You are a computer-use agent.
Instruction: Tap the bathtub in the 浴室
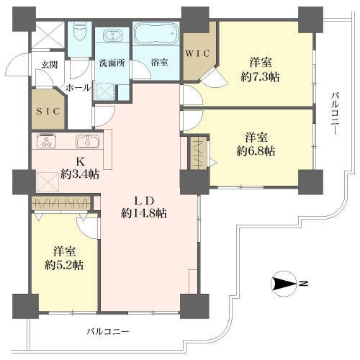click(156, 34)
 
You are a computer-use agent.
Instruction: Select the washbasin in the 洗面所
click(112, 35)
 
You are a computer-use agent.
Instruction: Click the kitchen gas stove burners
click(46, 140)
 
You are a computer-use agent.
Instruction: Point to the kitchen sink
click(88, 141)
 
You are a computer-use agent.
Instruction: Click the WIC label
click(197, 53)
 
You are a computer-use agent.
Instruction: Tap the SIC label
click(48, 112)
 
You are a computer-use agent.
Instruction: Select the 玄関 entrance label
click(49, 65)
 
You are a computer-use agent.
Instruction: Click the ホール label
click(78, 87)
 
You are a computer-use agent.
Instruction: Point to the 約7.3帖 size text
click(260, 77)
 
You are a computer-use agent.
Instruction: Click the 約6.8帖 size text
click(256, 151)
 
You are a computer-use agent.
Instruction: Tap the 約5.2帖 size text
click(64, 266)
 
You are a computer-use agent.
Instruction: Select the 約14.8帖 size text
click(144, 213)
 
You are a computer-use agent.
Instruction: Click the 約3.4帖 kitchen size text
click(80, 174)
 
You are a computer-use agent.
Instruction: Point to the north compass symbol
click(284, 284)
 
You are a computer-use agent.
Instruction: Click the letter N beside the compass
click(303, 284)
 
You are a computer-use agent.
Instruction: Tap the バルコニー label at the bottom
click(108, 332)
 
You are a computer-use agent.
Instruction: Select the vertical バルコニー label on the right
click(336, 114)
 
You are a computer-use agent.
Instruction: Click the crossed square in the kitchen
click(48, 182)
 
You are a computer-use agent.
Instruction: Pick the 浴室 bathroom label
click(159, 63)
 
